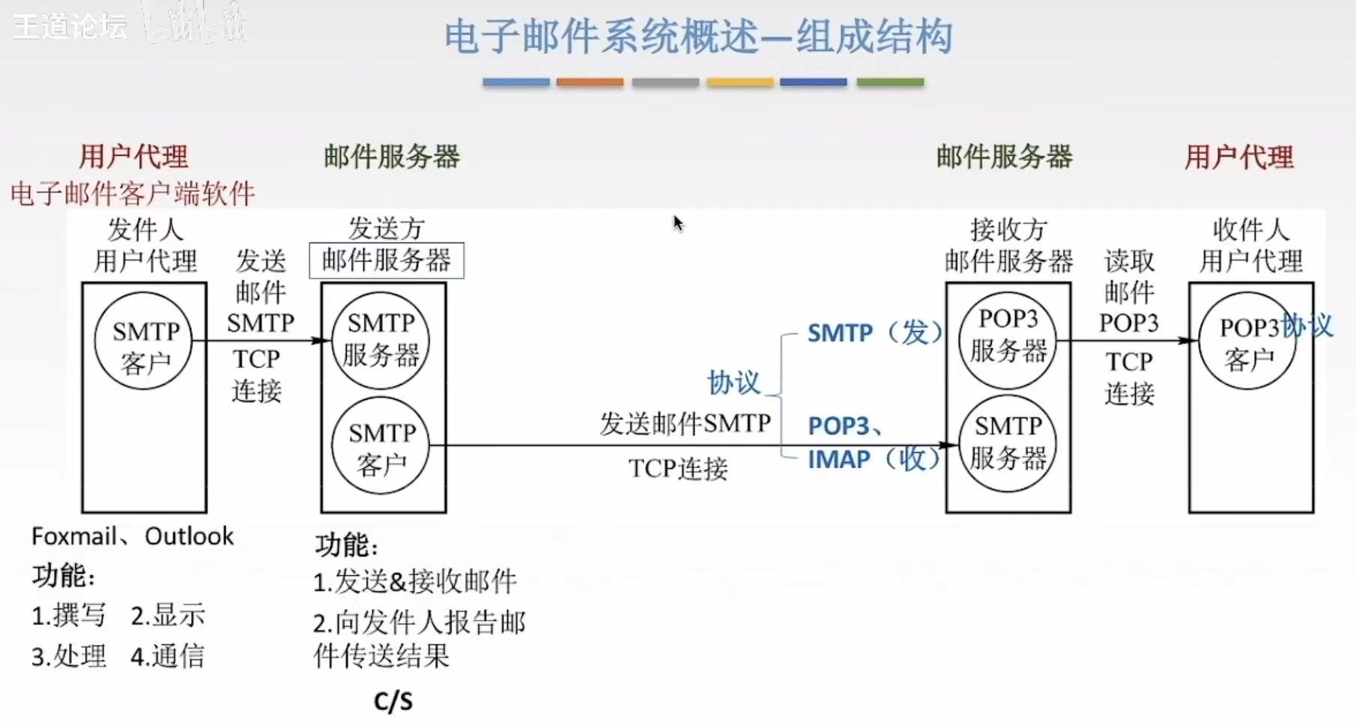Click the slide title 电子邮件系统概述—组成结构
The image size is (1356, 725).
pos(697,37)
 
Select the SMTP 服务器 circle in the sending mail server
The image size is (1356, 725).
pos(381,339)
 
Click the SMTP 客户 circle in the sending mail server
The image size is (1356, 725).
pos(381,447)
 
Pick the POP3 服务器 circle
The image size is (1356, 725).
pos(1008,339)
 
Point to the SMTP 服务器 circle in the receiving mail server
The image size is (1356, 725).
pos(1008,443)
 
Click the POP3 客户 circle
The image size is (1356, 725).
pos(1247,342)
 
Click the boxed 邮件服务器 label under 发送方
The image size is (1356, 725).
pos(387,261)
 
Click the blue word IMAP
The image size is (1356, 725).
pos(838,459)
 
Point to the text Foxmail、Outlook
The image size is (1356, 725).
pos(133,536)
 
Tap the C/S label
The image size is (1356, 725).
pos(393,701)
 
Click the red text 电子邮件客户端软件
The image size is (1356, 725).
pos(133,194)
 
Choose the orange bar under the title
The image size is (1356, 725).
pos(590,82)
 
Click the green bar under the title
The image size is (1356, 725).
pos(890,82)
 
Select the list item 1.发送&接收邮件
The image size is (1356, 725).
pos(415,581)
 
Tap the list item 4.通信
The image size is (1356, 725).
pos(167,656)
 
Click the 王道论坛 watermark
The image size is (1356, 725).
pos(70,27)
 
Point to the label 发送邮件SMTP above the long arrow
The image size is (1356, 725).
pos(685,424)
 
